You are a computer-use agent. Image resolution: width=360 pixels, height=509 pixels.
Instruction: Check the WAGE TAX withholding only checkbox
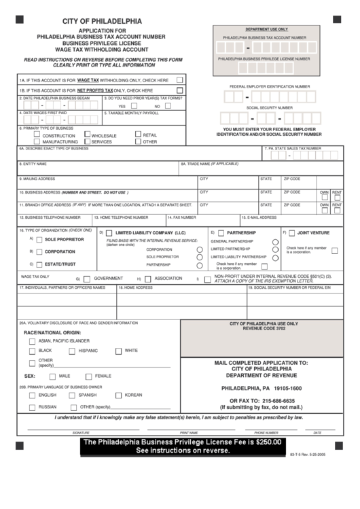[x=180, y=80]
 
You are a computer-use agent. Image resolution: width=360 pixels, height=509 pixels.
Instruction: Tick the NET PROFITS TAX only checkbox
[x=180, y=90]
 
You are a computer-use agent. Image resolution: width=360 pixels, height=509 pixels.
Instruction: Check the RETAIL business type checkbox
[x=138, y=135]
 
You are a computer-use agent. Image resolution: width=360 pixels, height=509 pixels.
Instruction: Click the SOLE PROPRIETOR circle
[x=39, y=240]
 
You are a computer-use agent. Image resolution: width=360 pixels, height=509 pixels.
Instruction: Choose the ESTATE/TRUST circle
[x=39, y=263]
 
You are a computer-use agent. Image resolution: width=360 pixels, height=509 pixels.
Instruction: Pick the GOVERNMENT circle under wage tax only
[x=87, y=279]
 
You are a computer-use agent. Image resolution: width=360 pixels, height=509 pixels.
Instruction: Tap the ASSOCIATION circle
[x=147, y=279]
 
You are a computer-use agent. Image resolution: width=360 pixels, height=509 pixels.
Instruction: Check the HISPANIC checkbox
[x=72, y=351]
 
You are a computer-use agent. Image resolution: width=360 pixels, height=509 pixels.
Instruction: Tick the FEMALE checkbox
[x=89, y=376]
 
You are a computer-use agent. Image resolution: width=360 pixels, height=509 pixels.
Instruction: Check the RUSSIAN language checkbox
[x=32, y=407]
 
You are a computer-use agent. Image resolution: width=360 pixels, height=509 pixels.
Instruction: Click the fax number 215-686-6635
[x=276, y=401]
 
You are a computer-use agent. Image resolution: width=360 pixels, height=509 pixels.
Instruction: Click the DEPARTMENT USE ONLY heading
[x=266, y=30]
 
